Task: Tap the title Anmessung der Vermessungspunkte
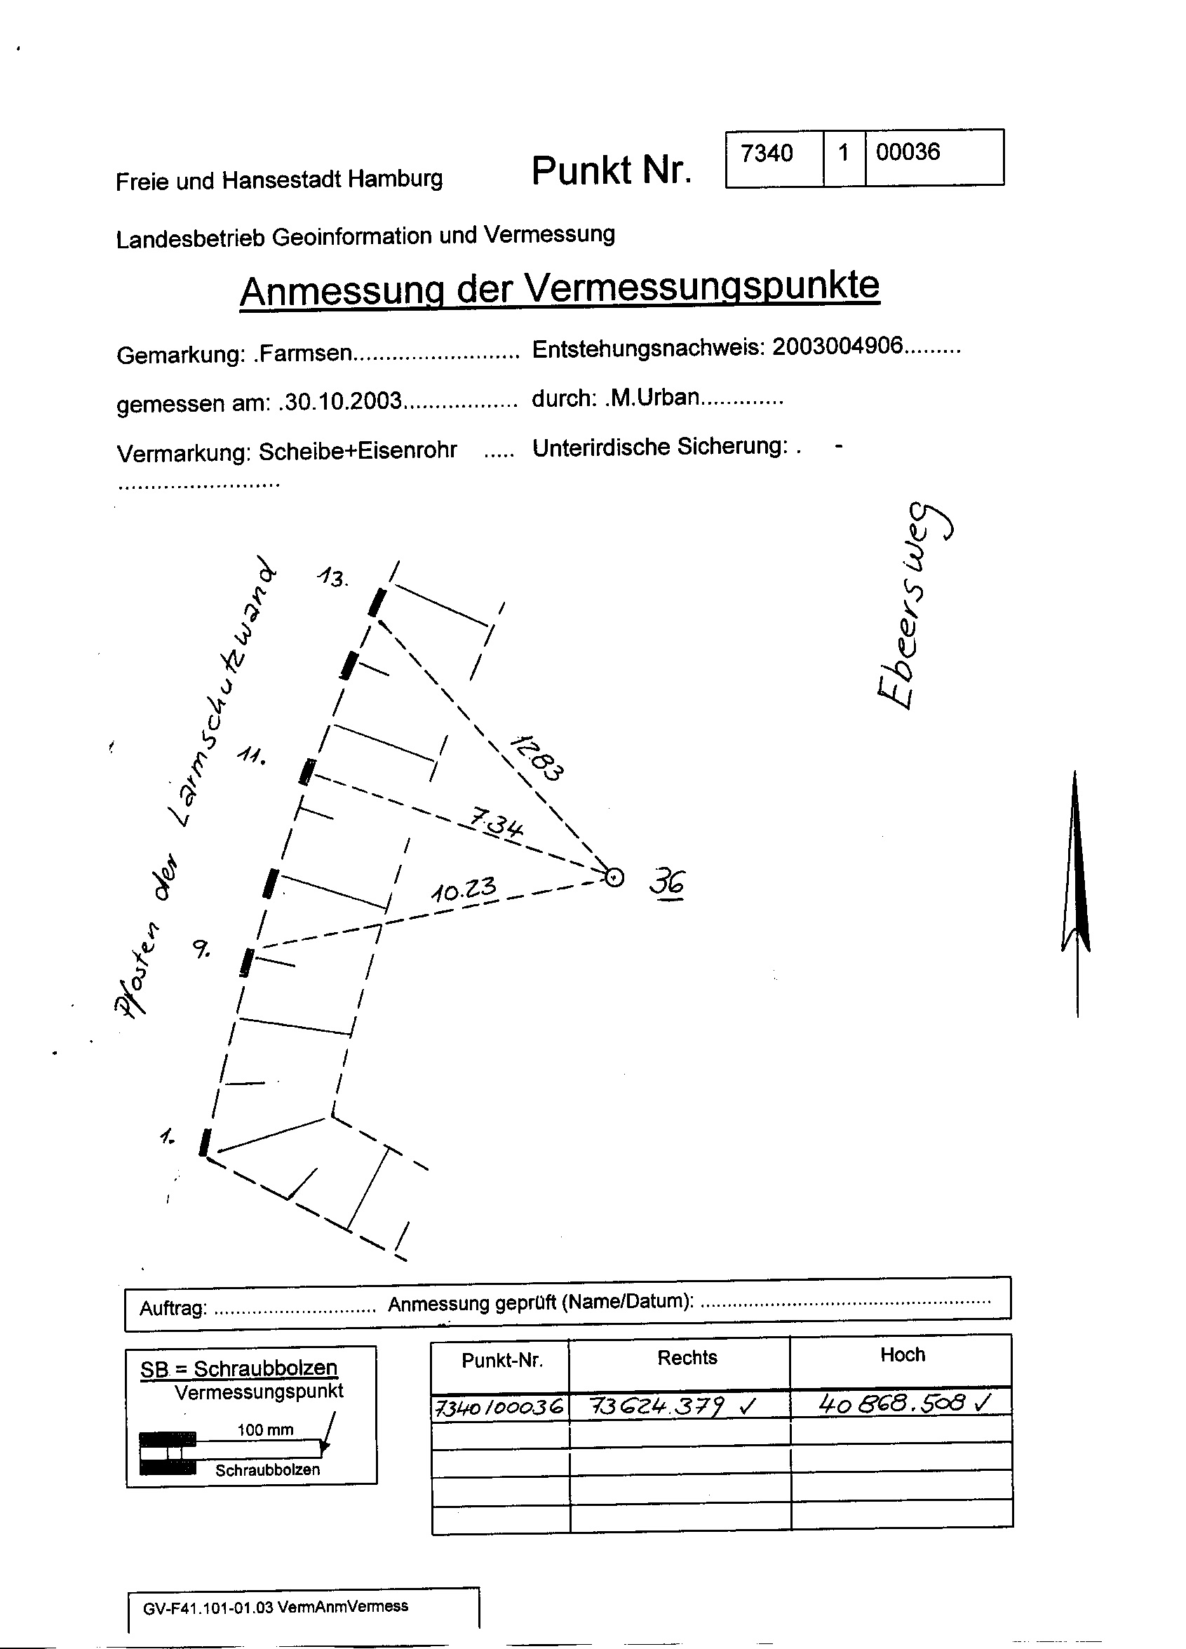click(x=559, y=289)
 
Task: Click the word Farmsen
click(x=305, y=354)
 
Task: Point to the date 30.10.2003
click(x=342, y=401)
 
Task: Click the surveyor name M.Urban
click(x=654, y=397)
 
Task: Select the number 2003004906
click(x=837, y=346)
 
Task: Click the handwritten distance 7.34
click(x=495, y=823)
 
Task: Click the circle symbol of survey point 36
click(x=614, y=878)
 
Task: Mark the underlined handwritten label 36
click(x=667, y=882)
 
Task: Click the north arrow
click(x=1076, y=894)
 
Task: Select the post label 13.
click(x=333, y=578)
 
